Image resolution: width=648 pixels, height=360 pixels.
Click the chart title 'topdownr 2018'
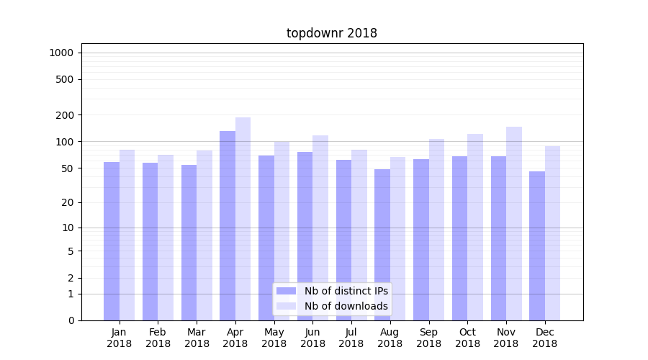(332, 33)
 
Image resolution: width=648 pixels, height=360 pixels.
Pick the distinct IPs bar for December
(537, 245)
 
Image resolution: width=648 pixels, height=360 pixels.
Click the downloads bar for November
(514, 223)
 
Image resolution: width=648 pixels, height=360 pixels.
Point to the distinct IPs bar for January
(112, 241)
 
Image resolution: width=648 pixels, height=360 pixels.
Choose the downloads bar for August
(398, 238)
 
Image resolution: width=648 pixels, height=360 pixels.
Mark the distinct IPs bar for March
(189, 243)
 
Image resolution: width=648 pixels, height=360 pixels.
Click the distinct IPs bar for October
(459, 238)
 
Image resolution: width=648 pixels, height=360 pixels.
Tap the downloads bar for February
(166, 238)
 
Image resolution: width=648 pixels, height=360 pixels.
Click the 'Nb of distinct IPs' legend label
(346, 291)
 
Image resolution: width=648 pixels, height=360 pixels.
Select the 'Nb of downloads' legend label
(346, 306)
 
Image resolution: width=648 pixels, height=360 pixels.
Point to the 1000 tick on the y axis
(61, 53)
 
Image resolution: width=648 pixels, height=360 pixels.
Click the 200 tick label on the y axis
(66, 115)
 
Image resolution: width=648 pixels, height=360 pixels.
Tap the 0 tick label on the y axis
(71, 320)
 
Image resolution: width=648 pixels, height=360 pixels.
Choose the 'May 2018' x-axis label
(274, 338)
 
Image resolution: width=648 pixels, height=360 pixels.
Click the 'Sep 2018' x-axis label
(428, 338)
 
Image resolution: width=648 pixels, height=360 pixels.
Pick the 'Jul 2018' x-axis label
(351, 338)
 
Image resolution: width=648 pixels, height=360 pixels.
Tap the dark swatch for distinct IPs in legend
(287, 291)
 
